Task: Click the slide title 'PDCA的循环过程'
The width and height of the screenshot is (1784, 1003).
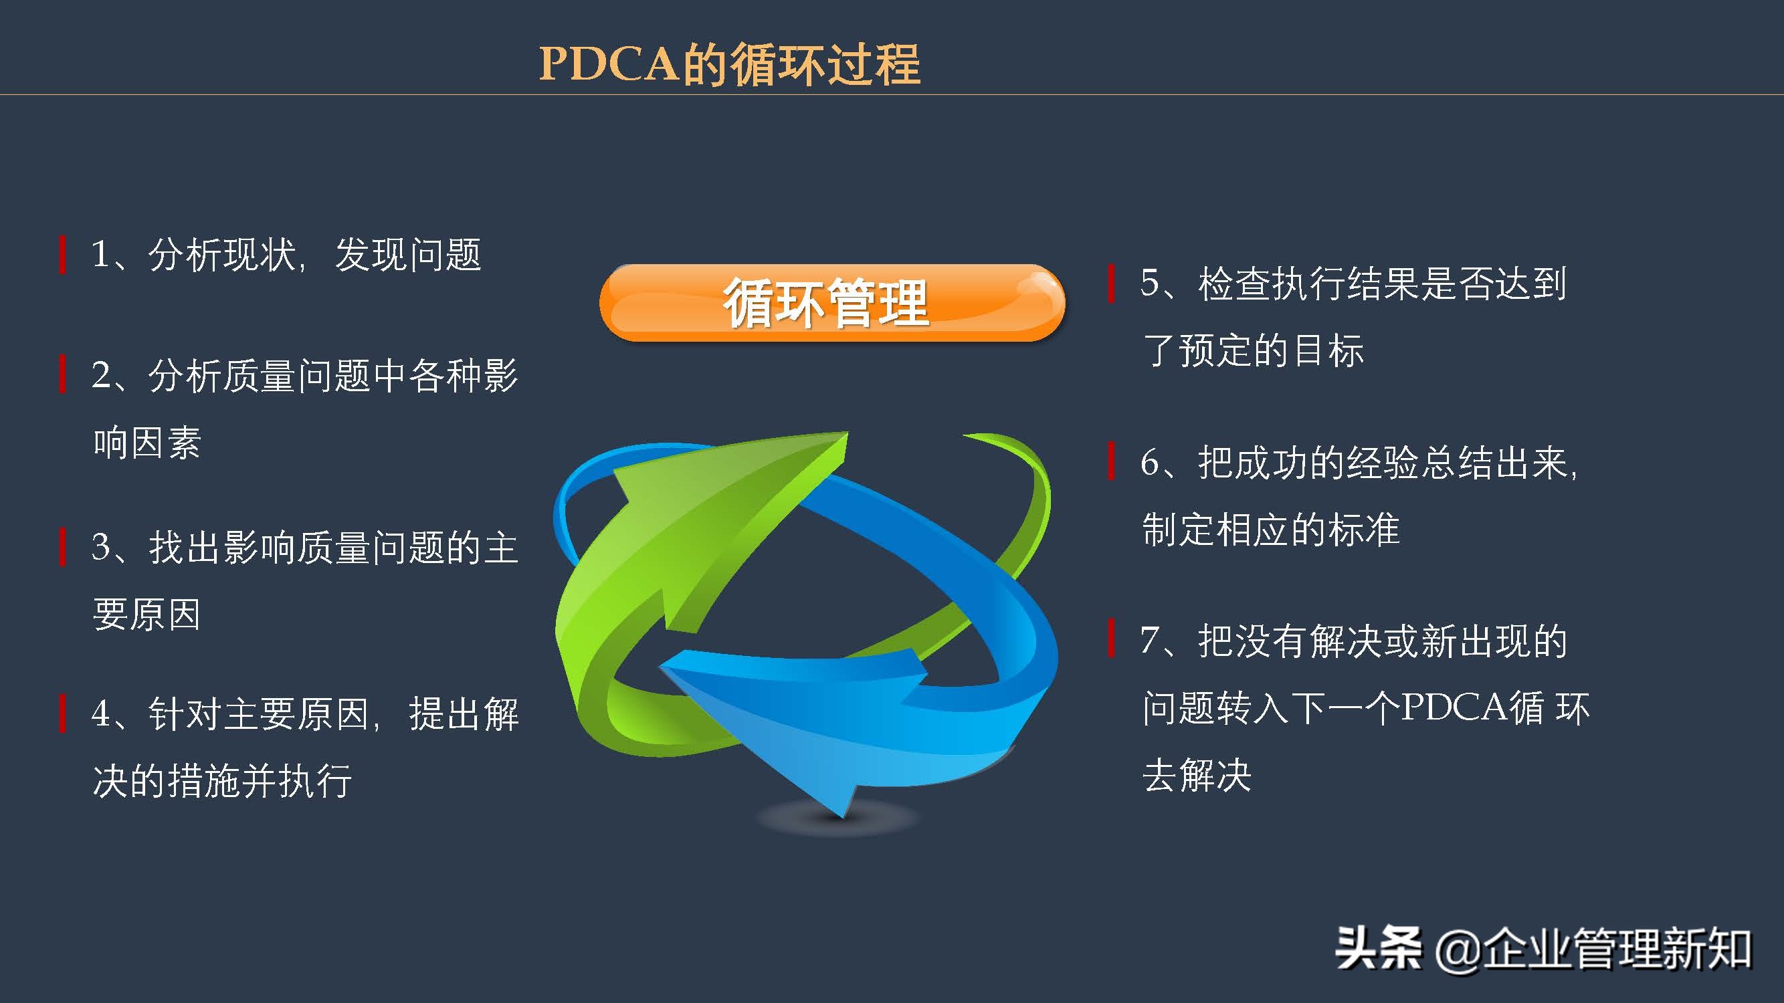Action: tap(729, 64)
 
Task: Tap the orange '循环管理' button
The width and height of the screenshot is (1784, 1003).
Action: tap(831, 302)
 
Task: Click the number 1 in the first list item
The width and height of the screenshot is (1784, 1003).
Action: tap(100, 254)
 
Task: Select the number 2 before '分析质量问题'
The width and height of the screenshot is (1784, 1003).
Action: tap(101, 375)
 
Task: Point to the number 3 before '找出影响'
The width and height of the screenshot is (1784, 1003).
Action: tap(101, 547)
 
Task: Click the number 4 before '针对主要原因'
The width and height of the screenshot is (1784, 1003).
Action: tap(101, 713)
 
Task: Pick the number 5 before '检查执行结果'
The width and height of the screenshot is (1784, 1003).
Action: tap(1151, 283)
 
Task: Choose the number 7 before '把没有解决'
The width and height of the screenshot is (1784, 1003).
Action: tap(1151, 641)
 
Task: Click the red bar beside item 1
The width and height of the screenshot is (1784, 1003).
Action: tap(63, 255)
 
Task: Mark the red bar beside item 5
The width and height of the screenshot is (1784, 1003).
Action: tap(1112, 284)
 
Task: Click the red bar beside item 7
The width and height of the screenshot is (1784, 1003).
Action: tap(1112, 638)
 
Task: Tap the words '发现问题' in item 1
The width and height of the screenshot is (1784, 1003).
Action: tap(407, 255)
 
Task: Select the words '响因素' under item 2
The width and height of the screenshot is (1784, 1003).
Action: tap(146, 443)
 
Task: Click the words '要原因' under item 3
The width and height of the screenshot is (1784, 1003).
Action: tap(146, 615)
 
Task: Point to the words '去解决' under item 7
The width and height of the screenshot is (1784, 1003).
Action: tap(1197, 775)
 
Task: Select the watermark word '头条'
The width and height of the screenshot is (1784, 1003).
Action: tap(1378, 948)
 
